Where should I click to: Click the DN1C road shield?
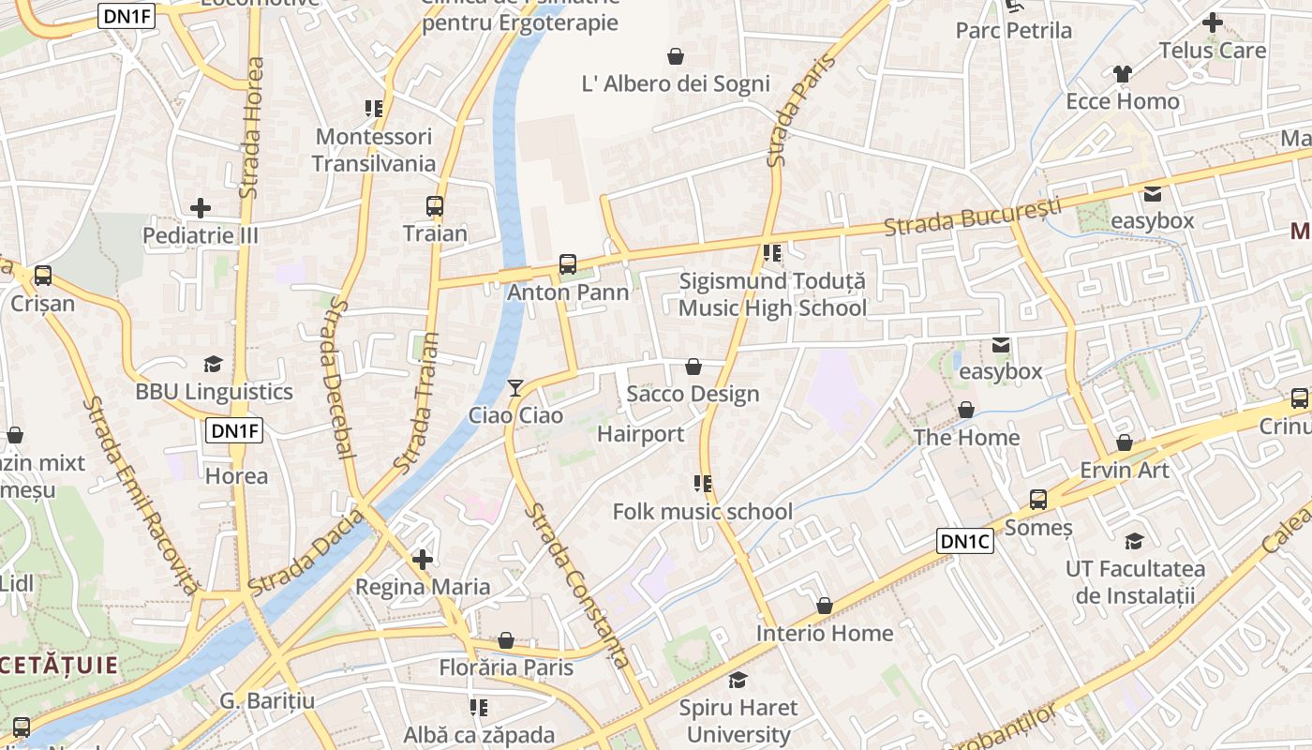[x=964, y=541]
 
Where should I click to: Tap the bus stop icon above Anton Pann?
[x=568, y=264]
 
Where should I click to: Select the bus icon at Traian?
[x=435, y=205]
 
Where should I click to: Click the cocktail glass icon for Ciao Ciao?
[x=514, y=387]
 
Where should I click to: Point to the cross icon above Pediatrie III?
[x=201, y=207]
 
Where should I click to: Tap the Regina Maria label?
[x=423, y=587]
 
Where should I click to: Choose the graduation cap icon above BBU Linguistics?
[x=214, y=364]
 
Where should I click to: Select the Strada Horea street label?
[x=250, y=127]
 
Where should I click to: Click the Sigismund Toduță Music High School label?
[x=772, y=294]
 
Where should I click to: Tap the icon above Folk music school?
[x=703, y=484]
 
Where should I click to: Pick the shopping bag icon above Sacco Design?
[x=693, y=366]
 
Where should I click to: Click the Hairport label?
[x=641, y=434]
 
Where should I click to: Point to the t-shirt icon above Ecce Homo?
[x=1123, y=73]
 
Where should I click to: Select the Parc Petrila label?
[x=1013, y=31]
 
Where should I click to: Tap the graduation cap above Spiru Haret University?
[x=738, y=680]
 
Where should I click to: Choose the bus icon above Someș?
[x=1038, y=499]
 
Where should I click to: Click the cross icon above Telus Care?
[x=1213, y=22]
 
